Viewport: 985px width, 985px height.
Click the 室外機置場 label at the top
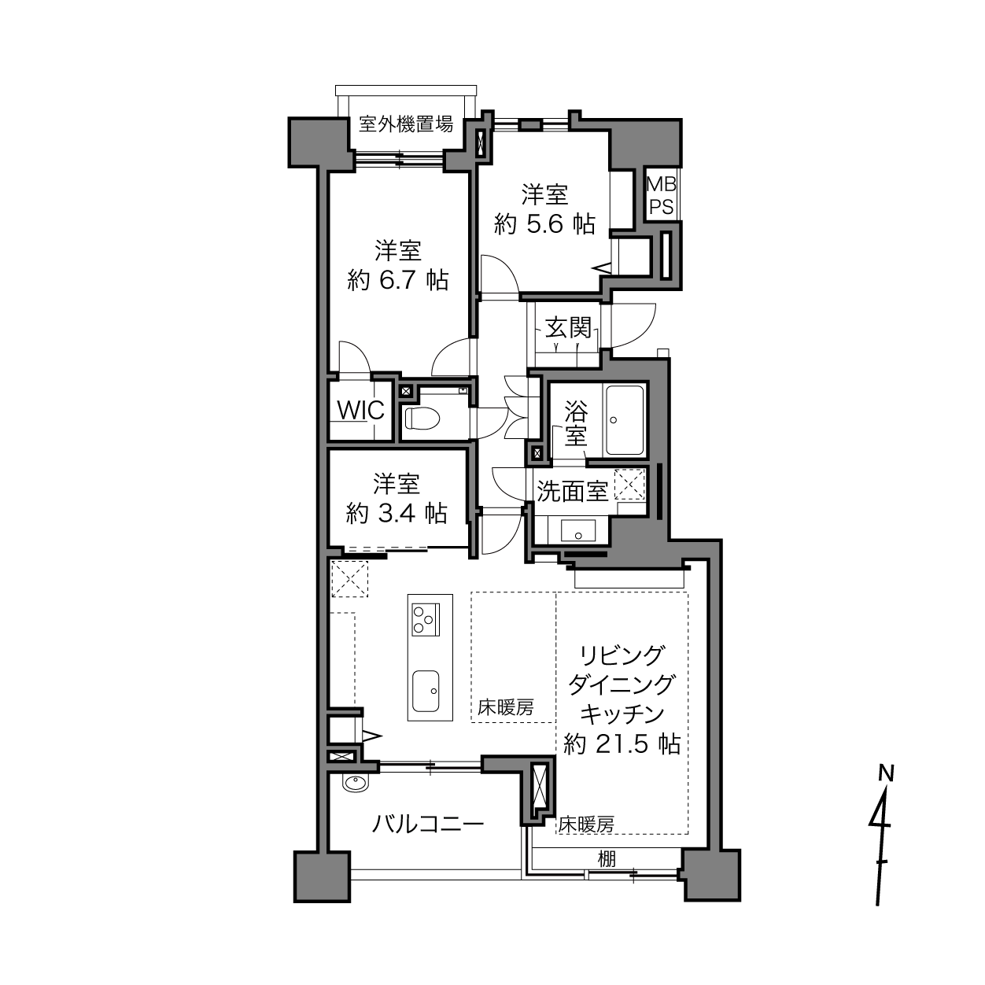[x=405, y=124]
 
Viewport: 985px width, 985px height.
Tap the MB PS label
[x=662, y=195]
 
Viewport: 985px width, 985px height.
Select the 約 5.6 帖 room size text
[x=544, y=224]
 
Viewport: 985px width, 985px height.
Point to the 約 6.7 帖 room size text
[x=397, y=280]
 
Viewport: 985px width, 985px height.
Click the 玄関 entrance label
[x=568, y=327]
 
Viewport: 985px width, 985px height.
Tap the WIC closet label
[x=361, y=410]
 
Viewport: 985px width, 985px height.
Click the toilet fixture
[x=422, y=418]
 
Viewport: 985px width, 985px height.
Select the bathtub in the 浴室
[x=624, y=420]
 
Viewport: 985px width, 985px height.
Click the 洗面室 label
[x=572, y=491]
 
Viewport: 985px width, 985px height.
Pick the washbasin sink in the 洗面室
[x=578, y=530]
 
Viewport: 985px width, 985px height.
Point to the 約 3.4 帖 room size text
[x=397, y=513]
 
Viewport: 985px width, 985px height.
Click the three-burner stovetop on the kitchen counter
[x=426, y=620]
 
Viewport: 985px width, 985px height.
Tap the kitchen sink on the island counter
[x=426, y=691]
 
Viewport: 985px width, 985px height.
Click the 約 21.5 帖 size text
[x=622, y=744]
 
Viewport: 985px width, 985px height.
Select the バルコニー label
[x=427, y=824]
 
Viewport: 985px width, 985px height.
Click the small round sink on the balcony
[x=356, y=783]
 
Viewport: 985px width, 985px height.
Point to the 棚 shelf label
[x=607, y=859]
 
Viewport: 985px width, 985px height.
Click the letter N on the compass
[x=887, y=774]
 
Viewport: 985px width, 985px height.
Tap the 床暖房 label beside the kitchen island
[x=506, y=707]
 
